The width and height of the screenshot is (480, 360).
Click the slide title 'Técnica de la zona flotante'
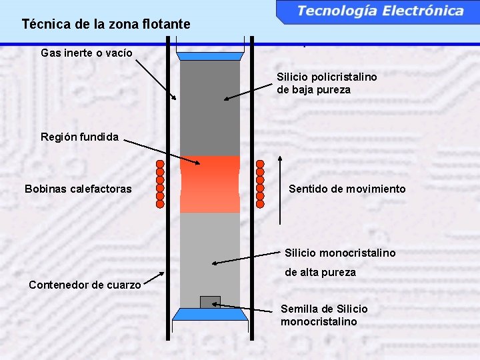pos(105,25)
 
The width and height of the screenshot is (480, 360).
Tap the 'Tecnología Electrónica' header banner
pos(380,11)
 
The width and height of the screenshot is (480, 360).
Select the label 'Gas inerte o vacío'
pos(87,52)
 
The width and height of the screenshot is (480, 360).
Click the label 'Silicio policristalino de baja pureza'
pos(327,83)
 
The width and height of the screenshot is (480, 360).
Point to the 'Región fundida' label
pos(79,137)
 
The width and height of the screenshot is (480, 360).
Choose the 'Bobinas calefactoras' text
pos(78,189)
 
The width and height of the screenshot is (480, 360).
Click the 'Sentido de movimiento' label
pos(347,189)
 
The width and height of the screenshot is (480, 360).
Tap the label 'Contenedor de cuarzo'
pos(85,285)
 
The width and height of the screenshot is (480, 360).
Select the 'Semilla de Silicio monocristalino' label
pos(324,315)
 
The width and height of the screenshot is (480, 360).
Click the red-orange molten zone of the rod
pos(210,185)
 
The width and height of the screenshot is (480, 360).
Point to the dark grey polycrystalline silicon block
pos(210,107)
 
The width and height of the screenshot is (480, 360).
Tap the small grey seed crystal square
pos(210,302)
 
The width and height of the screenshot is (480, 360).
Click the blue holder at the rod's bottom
pos(210,315)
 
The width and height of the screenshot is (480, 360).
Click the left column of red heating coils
pos(160,185)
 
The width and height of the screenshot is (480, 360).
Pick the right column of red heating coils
pos(260,185)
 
